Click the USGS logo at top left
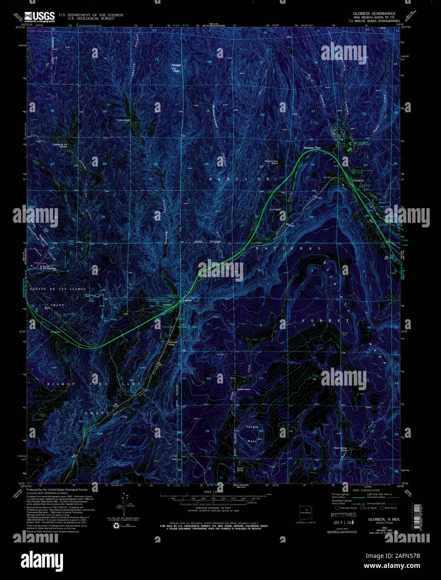[x=40, y=16]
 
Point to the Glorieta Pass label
[x=312, y=148]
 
